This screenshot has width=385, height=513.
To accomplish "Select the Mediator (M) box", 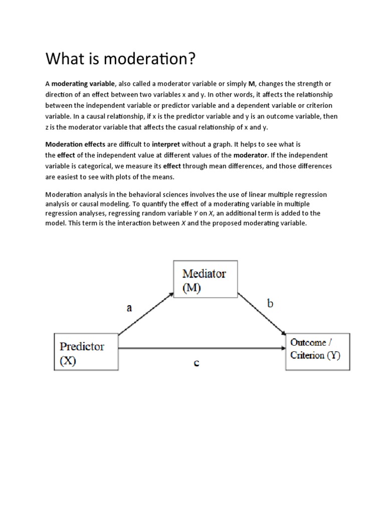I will pos(205,281).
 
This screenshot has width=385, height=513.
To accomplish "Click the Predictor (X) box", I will pos(86,353).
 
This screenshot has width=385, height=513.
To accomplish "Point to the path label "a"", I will pos(129,308).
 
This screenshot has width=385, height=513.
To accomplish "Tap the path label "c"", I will pos(197,363).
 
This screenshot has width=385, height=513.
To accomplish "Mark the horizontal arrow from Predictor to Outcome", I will pos(201,348).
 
